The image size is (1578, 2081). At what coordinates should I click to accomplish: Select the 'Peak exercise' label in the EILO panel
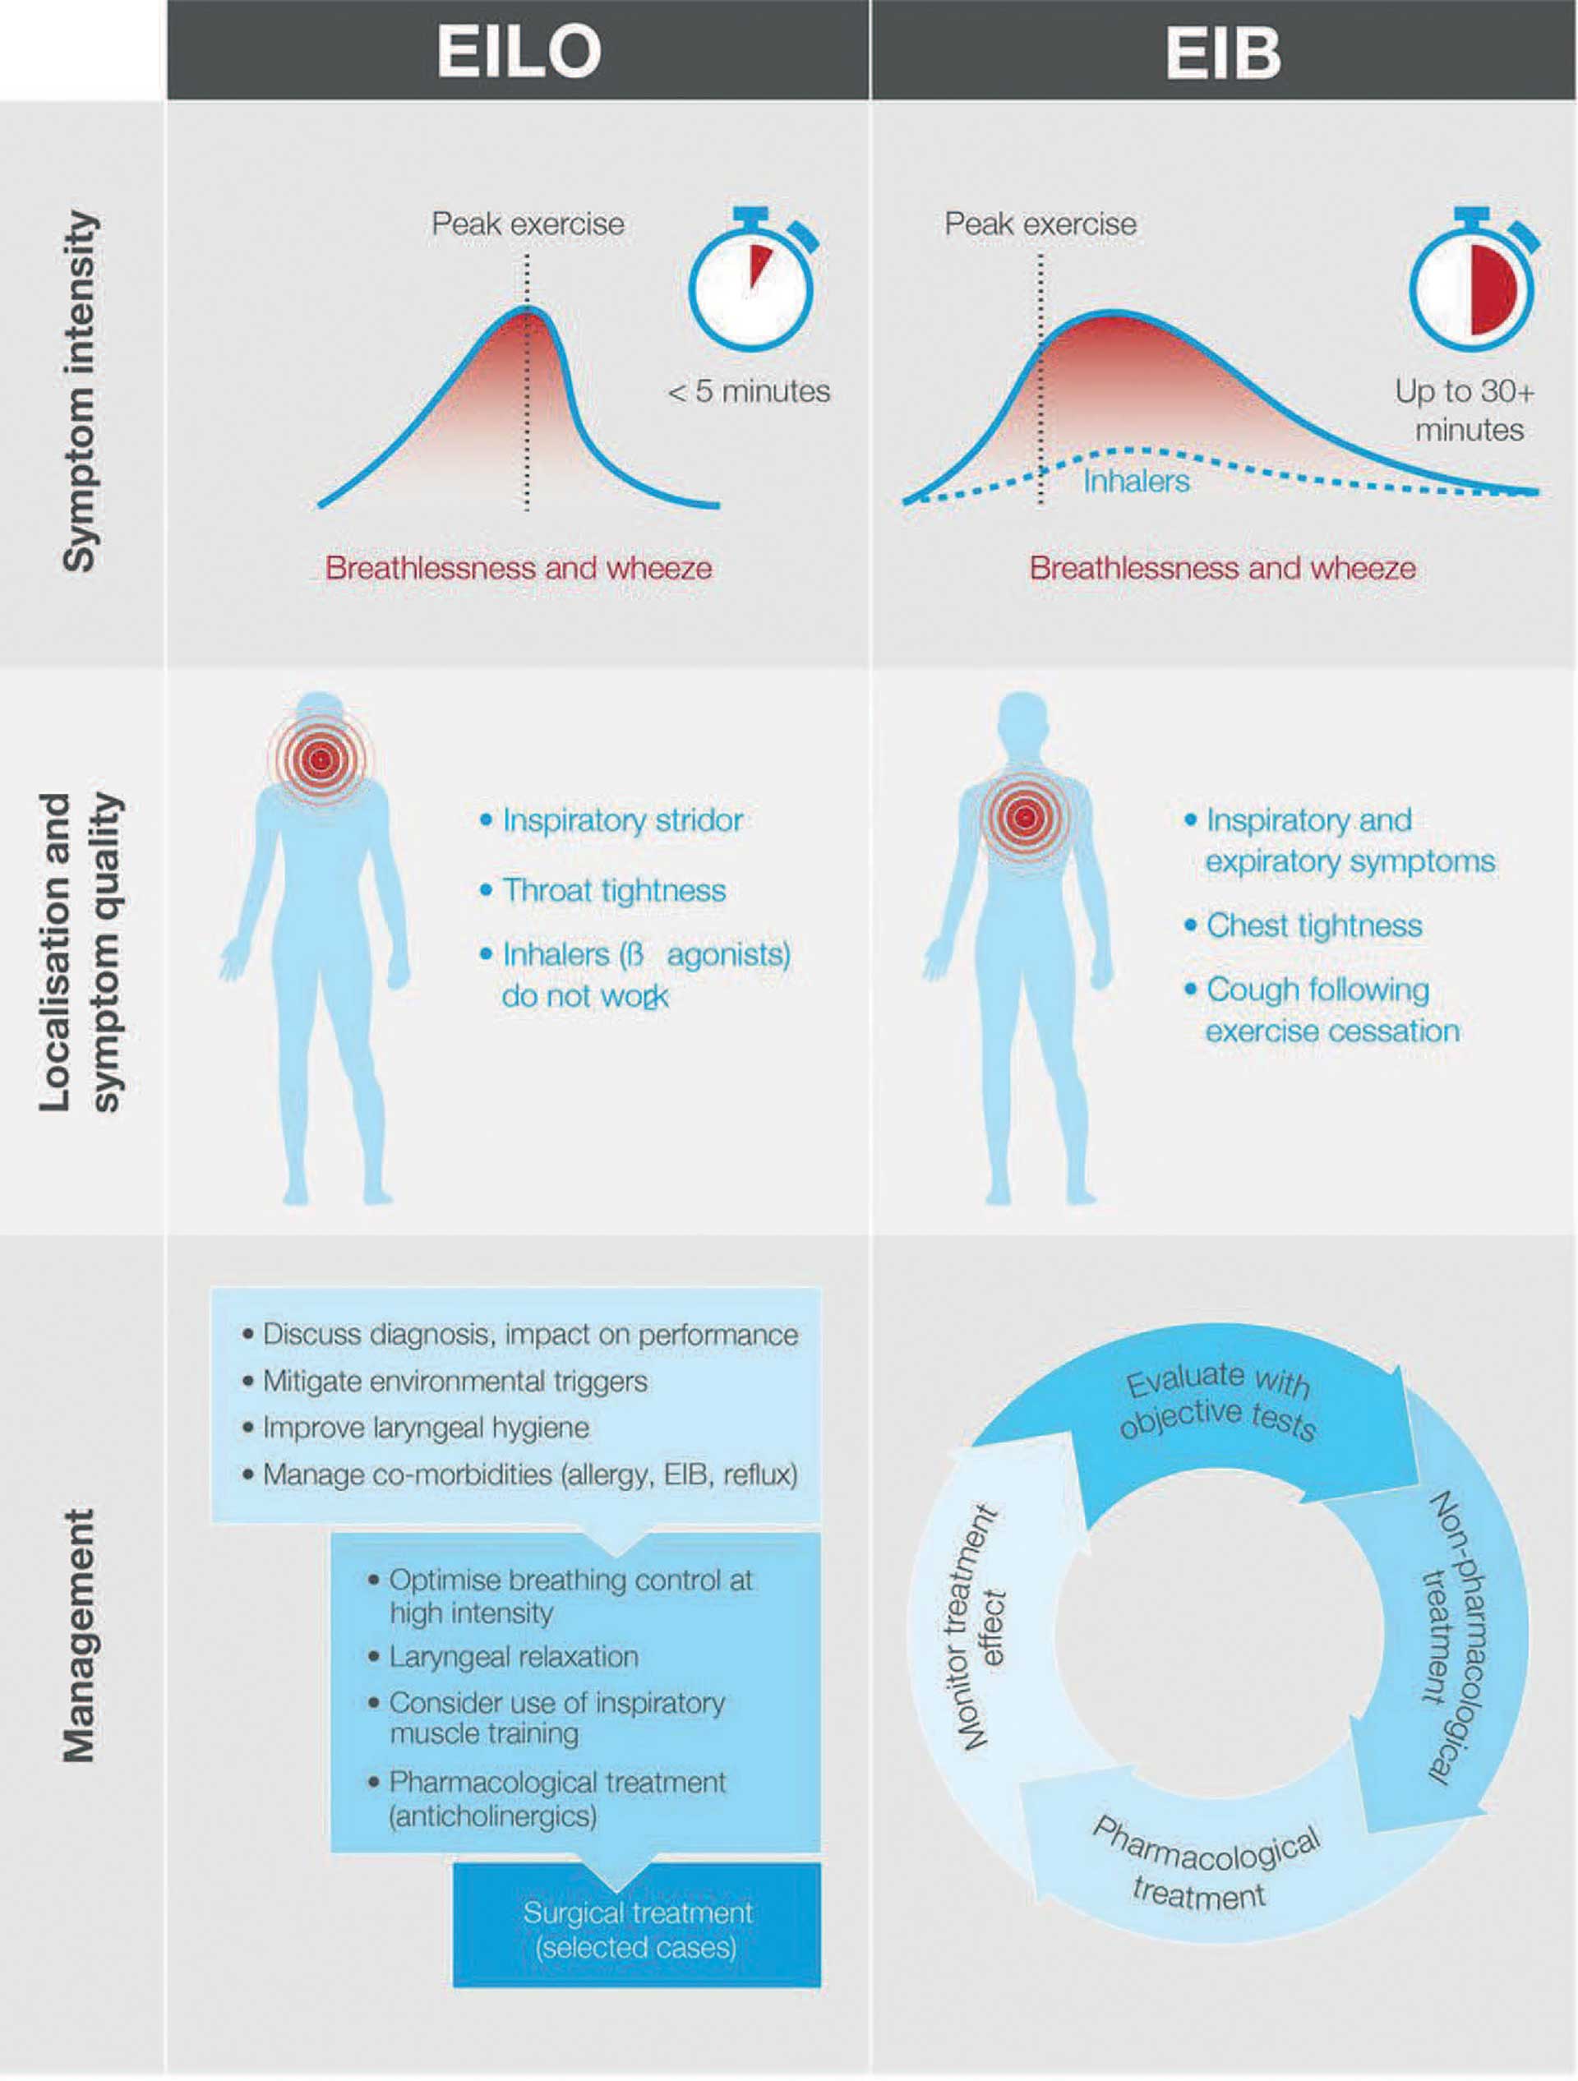click(x=528, y=224)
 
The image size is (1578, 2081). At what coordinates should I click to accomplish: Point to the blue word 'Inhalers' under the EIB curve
click(x=1136, y=482)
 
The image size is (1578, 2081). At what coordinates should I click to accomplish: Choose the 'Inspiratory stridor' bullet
click(x=622, y=820)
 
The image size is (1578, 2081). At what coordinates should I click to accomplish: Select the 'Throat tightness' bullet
click(x=613, y=890)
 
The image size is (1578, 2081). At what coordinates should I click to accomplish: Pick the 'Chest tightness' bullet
click(x=1313, y=925)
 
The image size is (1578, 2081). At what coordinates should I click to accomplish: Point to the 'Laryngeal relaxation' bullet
click(x=513, y=1683)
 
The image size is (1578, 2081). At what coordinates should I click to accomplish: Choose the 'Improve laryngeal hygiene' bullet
click(x=425, y=1427)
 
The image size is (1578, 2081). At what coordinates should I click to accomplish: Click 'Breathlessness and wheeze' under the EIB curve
click(x=1222, y=568)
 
